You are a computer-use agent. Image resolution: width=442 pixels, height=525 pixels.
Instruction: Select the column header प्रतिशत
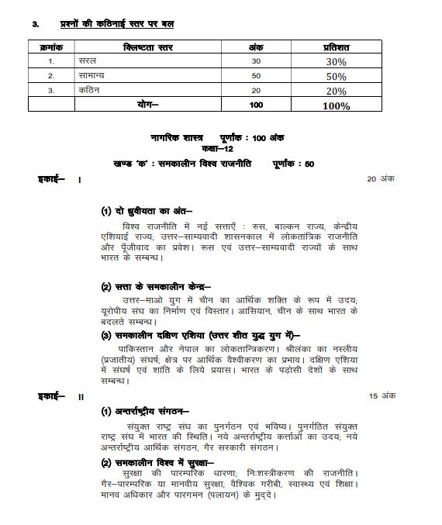pyautogui.click(x=336, y=48)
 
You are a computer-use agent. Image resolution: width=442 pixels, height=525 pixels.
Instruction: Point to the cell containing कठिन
pyautogui.click(x=89, y=90)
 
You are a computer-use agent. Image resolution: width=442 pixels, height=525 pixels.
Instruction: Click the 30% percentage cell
pyautogui.click(x=336, y=62)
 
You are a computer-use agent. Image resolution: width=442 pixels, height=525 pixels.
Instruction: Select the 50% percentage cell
pyautogui.click(x=336, y=77)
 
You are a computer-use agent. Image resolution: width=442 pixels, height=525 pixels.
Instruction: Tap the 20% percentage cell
pyautogui.click(x=336, y=91)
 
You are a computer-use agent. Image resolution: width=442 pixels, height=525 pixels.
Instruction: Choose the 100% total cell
pyautogui.click(x=336, y=105)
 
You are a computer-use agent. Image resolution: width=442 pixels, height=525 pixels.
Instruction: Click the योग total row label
pyautogui.click(x=148, y=105)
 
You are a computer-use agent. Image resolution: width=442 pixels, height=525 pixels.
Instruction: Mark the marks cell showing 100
pyautogui.click(x=256, y=105)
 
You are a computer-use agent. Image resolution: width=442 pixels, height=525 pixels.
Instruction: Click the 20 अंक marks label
pyautogui.click(x=382, y=179)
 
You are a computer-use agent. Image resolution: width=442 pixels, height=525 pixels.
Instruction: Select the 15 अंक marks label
pyautogui.click(x=382, y=396)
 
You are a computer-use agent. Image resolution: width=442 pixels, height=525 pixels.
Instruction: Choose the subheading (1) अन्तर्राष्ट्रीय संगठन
pyautogui.click(x=151, y=411)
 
